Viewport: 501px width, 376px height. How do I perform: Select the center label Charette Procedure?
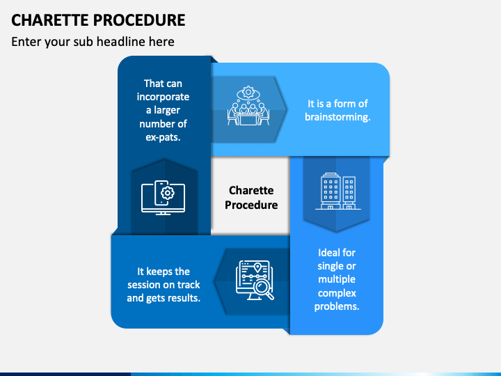251,198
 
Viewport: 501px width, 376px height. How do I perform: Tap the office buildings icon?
336,191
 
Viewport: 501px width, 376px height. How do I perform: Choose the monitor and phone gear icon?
164,197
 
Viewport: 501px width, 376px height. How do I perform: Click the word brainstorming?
337,117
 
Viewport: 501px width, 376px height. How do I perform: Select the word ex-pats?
163,137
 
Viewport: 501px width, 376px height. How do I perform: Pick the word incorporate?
163,97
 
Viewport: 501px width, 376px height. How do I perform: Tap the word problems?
337,306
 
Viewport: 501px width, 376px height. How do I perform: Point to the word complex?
337,293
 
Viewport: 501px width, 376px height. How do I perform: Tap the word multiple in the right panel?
337,280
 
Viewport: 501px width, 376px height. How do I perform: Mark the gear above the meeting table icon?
247,93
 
